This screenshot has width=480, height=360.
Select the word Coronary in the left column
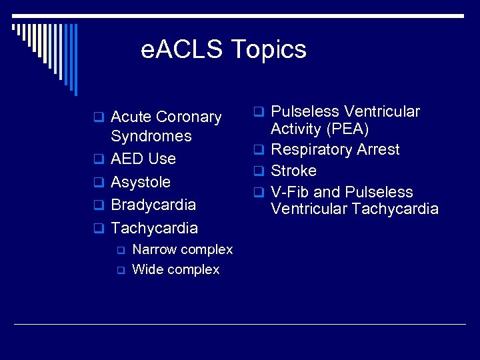(x=190, y=117)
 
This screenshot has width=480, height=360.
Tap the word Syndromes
(x=151, y=137)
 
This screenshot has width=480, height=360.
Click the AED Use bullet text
(x=143, y=159)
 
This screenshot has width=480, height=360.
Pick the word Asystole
(x=141, y=182)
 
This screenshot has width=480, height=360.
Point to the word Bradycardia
(x=153, y=205)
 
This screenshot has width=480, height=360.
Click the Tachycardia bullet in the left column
(x=154, y=228)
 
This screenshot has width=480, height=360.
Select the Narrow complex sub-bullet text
(x=183, y=250)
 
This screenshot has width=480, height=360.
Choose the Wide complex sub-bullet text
(x=176, y=270)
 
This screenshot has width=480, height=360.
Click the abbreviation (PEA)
(x=346, y=129)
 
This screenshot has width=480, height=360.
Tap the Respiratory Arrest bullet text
(x=335, y=150)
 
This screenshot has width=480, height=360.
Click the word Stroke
(x=293, y=171)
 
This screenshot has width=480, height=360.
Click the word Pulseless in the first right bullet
(x=305, y=112)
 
